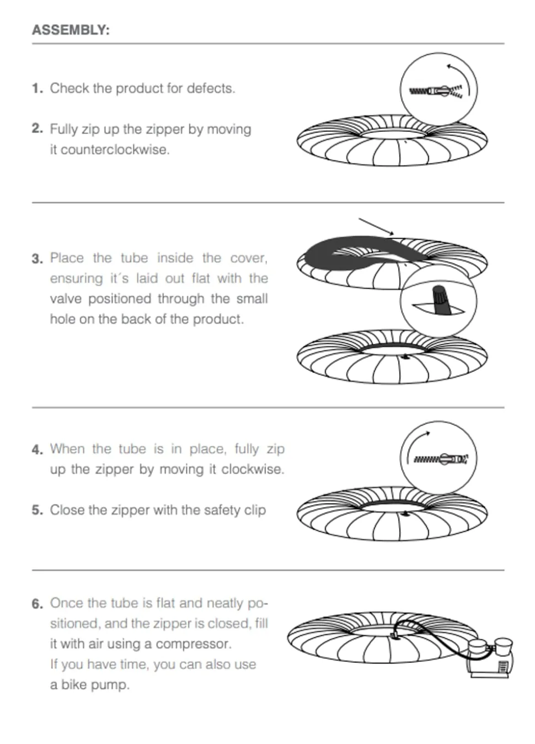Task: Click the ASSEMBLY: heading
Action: [71, 30]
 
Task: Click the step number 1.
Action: [38, 89]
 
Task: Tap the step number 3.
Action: [38, 259]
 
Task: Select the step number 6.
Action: [38, 603]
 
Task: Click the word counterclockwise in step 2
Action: [110, 150]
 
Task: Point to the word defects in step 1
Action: [211, 89]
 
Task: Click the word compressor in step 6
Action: [194, 644]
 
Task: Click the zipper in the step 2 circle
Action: [435, 91]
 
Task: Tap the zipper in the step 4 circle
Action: [441, 459]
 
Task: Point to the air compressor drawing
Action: [490, 658]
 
